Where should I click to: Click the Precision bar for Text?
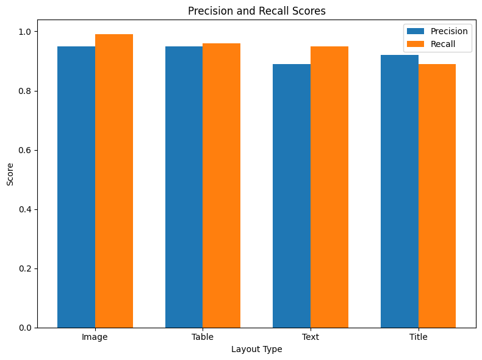(x=292, y=196)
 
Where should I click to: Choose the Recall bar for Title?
(x=437, y=196)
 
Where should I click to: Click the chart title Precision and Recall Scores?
(x=257, y=11)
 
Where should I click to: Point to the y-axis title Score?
(x=10, y=174)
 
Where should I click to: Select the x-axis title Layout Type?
(x=257, y=349)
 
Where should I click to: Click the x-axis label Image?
(x=95, y=337)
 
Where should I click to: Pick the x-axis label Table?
(x=203, y=337)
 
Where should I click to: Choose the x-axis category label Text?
(x=311, y=337)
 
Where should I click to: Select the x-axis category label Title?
(x=418, y=337)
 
